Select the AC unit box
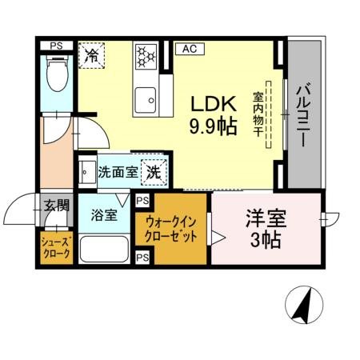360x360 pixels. pyautogui.click(x=190, y=50)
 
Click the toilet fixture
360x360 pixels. pyautogui.click(x=57, y=78)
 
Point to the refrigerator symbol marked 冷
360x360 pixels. pyautogui.click(x=92, y=55)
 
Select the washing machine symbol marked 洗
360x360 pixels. pyautogui.click(x=153, y=170)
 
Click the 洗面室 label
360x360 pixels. pyautogui.click(x=116, y=170)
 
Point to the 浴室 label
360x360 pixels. pyautogui.click(x=104, y=214)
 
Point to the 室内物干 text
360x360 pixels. pyautogui.click(x=258, y=111)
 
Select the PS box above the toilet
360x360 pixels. pyautogui.click(x=57, y=46)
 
